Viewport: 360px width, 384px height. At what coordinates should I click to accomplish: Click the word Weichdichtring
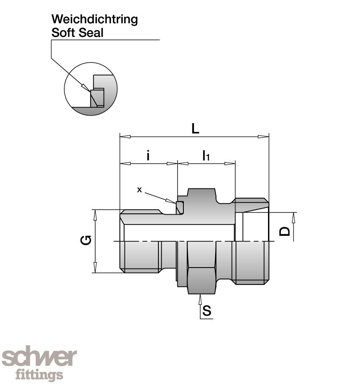point(94,19)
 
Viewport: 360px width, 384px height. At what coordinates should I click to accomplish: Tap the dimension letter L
point(195,129)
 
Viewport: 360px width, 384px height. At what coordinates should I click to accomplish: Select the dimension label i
point(148,156)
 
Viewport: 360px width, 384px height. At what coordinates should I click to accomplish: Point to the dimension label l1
point(206,156)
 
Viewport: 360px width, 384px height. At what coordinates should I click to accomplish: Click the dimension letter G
point(86,241)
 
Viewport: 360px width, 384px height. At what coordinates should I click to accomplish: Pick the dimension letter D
point(286,231)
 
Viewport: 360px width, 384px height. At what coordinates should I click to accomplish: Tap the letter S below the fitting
point(207,312)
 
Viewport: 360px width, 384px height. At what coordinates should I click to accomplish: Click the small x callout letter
point(139,190)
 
